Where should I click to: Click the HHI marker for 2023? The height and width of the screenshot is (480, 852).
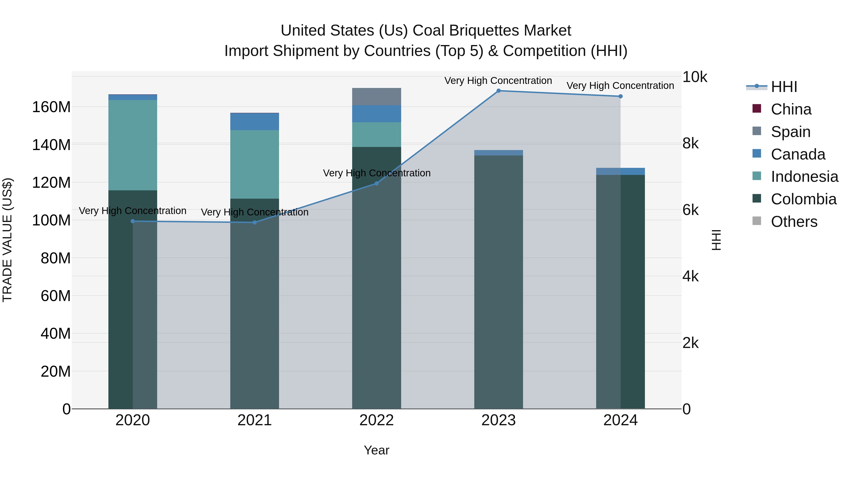tap(498, 91)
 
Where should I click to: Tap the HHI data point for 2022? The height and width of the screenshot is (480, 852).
tap(376, 183)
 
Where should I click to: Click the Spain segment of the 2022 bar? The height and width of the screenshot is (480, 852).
tap(376, 97)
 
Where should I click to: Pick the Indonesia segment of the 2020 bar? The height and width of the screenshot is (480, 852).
tap(133, 145)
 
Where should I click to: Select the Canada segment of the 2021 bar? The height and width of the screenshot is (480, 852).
tap(254, 122)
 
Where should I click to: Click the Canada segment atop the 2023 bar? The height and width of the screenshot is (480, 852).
tap(498, 153)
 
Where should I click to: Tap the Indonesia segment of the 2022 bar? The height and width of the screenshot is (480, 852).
tap(376, 134)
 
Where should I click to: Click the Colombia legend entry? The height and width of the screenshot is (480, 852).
tap(803, 199)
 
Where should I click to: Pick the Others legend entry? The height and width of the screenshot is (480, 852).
tap(794, 222)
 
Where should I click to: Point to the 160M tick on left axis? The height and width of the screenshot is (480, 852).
tap(51, 107)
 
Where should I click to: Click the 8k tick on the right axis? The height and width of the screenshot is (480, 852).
tap(691, 143)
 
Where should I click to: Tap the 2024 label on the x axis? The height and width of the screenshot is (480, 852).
tap(620, 420)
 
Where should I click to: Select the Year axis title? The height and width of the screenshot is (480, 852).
tap(376, 450)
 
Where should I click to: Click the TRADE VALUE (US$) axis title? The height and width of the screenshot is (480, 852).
tap(7, 240)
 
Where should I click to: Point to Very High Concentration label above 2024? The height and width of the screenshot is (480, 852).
tap(620, 86)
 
